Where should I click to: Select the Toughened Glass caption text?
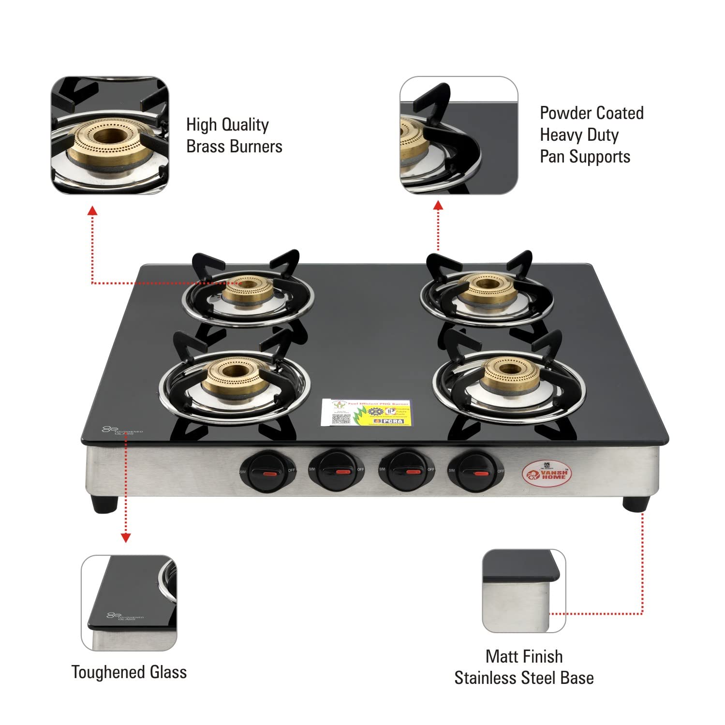click(129, 672)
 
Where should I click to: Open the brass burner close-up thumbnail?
click(110, 135)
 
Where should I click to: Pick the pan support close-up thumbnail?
click(459, 135)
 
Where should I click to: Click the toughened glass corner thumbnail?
click(129, 603)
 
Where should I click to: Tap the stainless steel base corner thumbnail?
click(524, 591)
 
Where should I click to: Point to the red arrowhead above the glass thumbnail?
click(126, 537)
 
